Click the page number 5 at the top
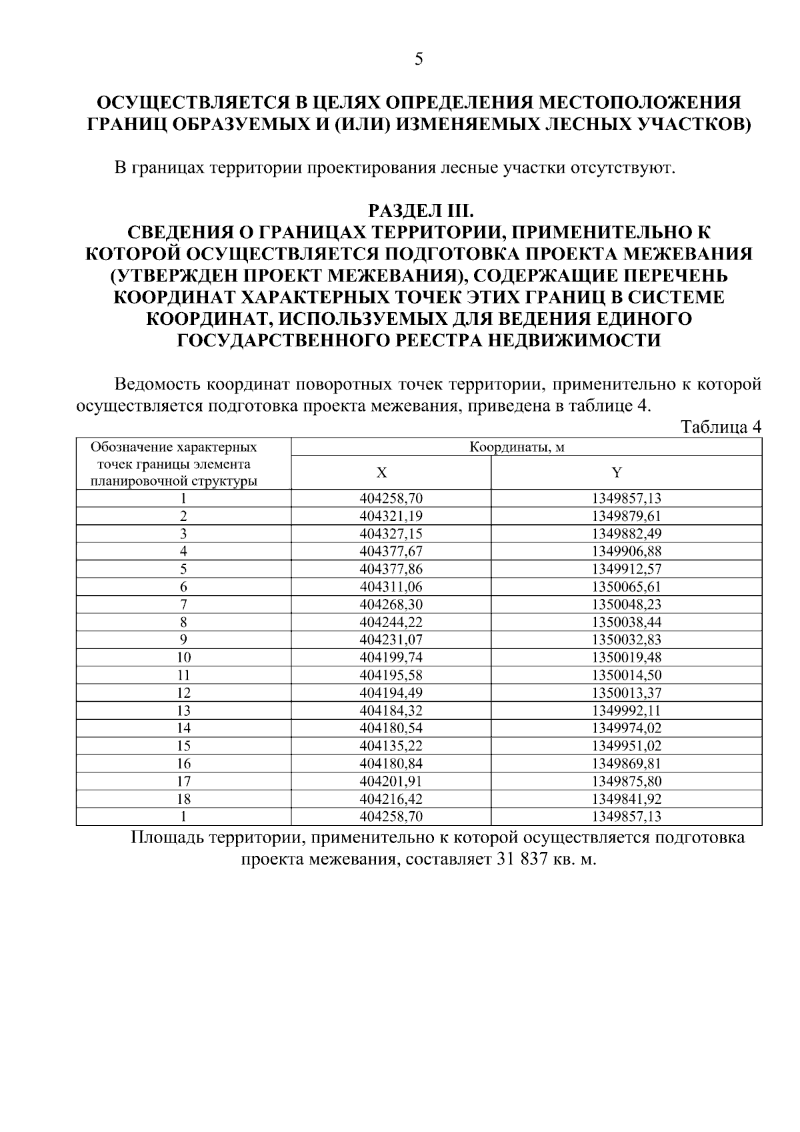[x=419, y=59]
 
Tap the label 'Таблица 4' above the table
[x=721, y=427]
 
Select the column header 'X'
[x=381, y=473]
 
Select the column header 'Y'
[x=617, y=473]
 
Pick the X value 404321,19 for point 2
[x=391, y=516]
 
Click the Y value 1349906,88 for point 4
[x=626, y=552]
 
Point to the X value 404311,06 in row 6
[x=391, y=587]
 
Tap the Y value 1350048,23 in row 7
[x=626, y=604]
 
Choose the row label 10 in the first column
[x=183, y=658]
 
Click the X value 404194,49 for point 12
[x=391, y=693]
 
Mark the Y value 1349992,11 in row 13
[x=626, y=710]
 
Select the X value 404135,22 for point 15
[x=391, y=746]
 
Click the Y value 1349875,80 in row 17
[x=626, y=781]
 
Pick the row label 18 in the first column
[x=183, y=799]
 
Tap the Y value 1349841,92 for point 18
[x=626, y=799]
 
